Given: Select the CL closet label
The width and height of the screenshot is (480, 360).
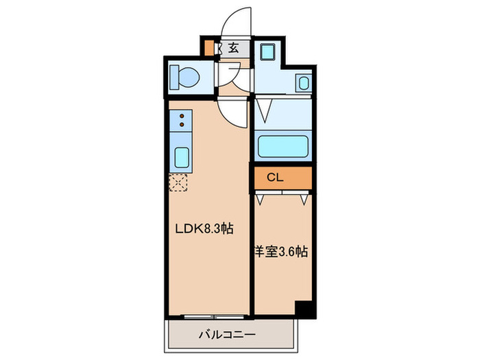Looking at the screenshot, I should [274, 177].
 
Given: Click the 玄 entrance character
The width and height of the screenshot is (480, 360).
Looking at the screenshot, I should [234, 48].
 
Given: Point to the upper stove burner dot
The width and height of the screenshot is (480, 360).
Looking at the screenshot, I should [182, 117].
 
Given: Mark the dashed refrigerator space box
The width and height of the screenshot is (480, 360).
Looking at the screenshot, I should [178, 182].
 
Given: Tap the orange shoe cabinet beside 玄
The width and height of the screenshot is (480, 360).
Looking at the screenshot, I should [210, 49].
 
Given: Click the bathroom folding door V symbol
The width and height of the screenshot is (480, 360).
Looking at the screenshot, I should [265, 110].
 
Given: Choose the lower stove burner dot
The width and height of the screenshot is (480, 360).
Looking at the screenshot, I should [182, 126].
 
